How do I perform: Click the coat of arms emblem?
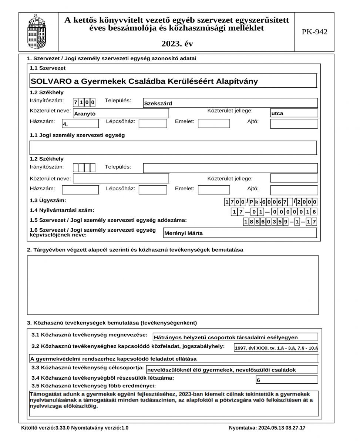click(x=38, y=32)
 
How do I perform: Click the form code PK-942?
click(x=314, y=32)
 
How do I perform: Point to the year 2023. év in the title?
click(x=177, y=44)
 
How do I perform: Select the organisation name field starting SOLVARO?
click(x=173, y=81)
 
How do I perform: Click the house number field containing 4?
click(x=80, y=124)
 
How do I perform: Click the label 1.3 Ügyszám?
click(x=48, y=201)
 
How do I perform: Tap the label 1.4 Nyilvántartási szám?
click(x=62, y=211)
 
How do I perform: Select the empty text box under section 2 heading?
click(x=173, y=285)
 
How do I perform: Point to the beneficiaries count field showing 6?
click(x=286, y=380)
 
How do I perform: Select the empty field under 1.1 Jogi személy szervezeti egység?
click(x=173, y=148)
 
